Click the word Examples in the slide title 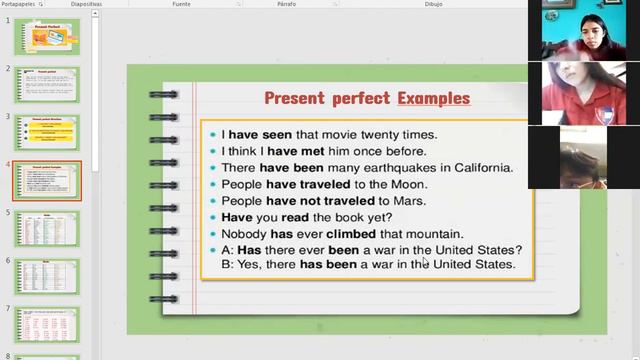pos(433,99)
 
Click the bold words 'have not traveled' pos(317,201)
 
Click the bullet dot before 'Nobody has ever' pos(213,234)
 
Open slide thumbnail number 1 pos(47,36)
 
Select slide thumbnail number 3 pos(47,133)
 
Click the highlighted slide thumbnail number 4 pos(47,181)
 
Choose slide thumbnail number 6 pos(47,277)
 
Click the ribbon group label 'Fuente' pos(181,4)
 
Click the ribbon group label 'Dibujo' pos(433,4)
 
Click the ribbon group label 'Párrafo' pos(286,4)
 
